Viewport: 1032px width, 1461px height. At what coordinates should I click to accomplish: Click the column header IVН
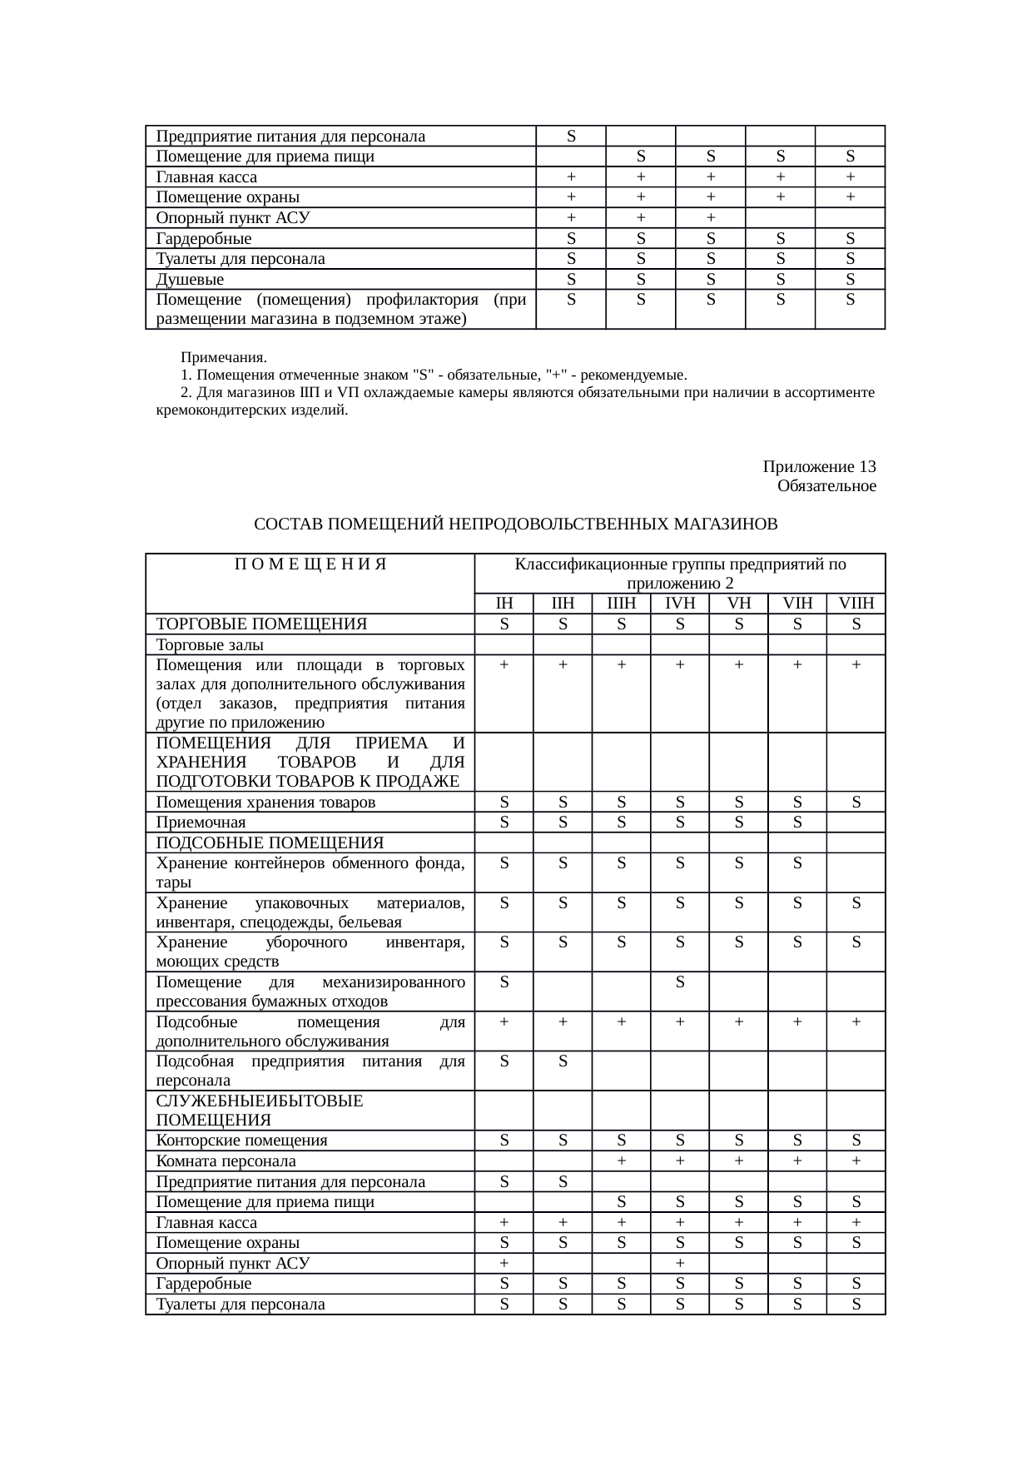point(679,604)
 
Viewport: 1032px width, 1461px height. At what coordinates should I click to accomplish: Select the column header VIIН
point(856,604)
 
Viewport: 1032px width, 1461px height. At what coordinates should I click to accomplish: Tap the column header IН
point(504,604)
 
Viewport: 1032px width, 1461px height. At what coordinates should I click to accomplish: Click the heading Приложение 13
point(819,466)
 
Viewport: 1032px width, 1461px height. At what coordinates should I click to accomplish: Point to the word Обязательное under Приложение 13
point(826,485)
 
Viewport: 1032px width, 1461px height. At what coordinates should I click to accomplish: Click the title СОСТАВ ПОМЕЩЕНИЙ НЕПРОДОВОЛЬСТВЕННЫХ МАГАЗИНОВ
point(515,524)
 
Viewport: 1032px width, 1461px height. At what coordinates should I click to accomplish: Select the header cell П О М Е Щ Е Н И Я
point(310,564)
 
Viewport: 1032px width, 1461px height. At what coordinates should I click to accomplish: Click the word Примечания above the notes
point(224,358)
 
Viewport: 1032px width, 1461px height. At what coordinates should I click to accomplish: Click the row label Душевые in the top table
point(190,280)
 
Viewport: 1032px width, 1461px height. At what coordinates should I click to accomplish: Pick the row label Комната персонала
point(226,1161)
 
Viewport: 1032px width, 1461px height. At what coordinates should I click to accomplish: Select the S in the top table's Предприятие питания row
point(571,136)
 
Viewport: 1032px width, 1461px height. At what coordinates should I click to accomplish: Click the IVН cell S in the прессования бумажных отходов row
point(680,982)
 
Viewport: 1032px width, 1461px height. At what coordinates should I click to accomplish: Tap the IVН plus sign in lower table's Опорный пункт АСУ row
point(680,1263)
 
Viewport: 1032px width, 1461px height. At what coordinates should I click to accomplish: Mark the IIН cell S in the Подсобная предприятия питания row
point(563,1061)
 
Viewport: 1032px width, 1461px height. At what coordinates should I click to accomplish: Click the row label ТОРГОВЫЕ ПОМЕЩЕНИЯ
point(261,624)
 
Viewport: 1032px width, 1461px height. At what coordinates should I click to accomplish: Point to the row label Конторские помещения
point(241,1140)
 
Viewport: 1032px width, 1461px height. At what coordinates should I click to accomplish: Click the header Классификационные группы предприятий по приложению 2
point(680,574)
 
